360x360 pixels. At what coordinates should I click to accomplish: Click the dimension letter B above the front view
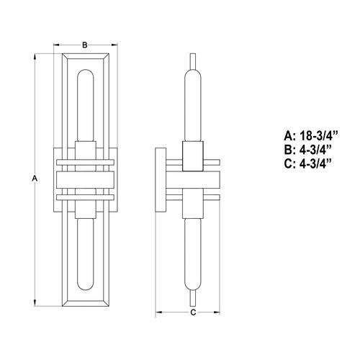84,45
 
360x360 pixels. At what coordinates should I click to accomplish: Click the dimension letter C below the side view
192,312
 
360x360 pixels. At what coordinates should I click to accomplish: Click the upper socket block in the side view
192,156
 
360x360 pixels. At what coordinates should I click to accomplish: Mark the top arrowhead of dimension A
37,55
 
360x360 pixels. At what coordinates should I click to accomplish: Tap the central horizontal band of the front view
84,180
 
